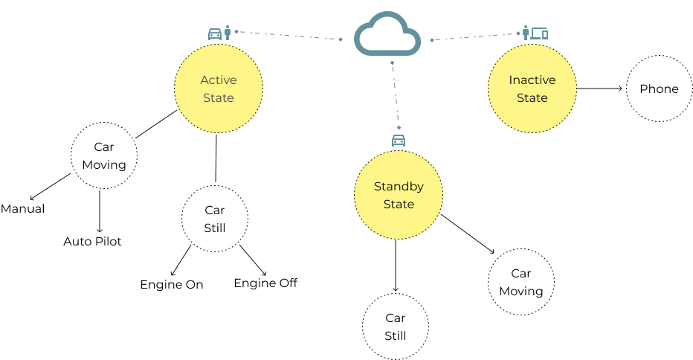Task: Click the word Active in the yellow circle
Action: [218, 80]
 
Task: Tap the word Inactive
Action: [532, 80]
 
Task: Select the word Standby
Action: [399, 187]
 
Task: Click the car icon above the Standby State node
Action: [399, 140]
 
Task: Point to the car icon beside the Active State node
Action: [215, 33]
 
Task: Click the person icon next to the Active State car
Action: [228, 33]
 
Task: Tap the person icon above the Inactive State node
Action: [526, 33]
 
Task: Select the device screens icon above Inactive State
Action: [540, 33]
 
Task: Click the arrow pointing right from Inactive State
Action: [600, 89]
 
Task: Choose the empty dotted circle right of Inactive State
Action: [659, 89]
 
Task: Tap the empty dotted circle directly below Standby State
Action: [395, 326]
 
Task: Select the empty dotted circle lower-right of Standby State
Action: [520, 282]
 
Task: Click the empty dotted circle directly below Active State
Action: [215, 219]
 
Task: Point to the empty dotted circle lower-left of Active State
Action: [104, 155]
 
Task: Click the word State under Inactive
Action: [532, 98]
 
